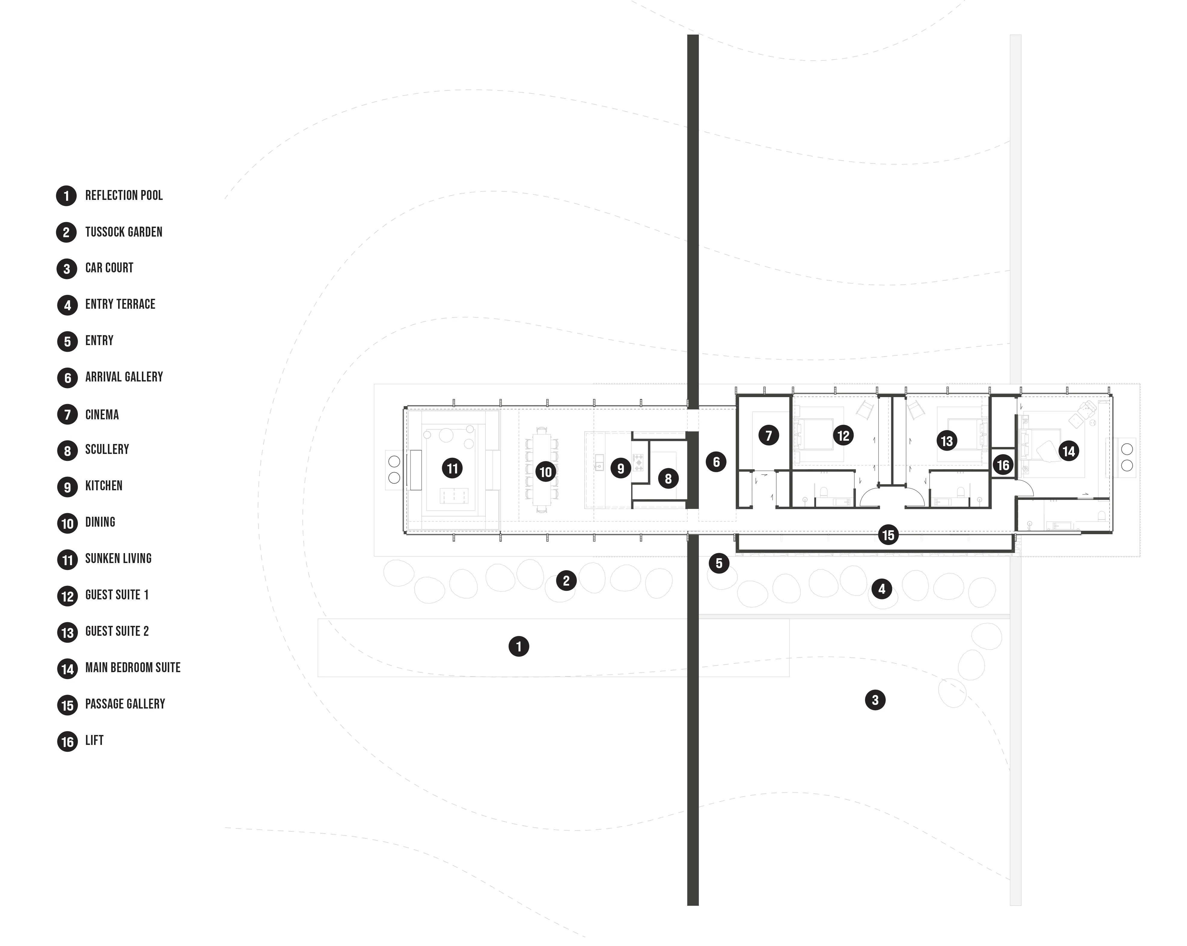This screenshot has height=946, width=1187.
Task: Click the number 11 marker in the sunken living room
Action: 452,469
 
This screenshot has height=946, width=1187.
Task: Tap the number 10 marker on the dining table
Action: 545,472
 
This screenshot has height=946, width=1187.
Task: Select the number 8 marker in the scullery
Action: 668,479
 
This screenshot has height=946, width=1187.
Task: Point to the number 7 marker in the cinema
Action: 769,436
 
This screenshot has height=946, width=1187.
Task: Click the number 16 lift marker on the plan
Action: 1003,465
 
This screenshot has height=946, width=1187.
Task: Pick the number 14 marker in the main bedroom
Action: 1069,452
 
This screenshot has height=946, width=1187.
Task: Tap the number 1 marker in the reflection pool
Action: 519,647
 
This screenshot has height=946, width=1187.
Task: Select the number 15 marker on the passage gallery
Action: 888,535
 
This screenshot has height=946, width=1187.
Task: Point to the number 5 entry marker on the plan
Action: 718,563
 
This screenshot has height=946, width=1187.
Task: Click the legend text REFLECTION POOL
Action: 124,195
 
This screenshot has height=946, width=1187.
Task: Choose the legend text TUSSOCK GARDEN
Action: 124,232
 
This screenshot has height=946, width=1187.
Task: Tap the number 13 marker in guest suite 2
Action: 947,440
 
